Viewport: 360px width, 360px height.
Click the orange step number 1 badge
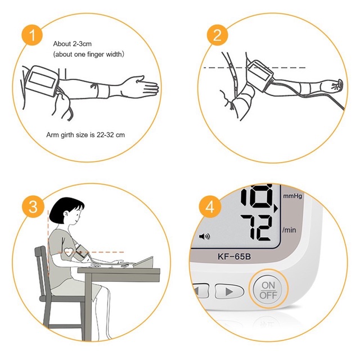(x=32, y=35)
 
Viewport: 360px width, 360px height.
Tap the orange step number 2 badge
(x=217, y=35)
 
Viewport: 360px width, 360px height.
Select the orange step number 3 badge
(x=33, y=206)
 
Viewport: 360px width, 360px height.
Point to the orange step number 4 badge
(x=210, y=206)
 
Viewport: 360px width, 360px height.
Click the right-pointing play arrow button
(x=229, y=291)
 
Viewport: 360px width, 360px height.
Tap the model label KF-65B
(x=234, y=256)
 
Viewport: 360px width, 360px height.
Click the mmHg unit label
(x=292, y=196)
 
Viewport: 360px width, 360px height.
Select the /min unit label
(x=289, y=230)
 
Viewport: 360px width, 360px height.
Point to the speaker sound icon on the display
(x=204, y=236)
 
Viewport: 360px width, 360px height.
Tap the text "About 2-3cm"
(x=73, y=44)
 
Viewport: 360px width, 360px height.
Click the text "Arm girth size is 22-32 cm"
(x=85, y=135)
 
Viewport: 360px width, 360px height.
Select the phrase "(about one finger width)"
(x=89, y=54)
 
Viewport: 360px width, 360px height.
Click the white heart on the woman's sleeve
(x=69, y=253)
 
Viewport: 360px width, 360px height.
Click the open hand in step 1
(x=141, y=86)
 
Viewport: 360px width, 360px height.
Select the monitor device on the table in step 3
(x=143, y=262)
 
